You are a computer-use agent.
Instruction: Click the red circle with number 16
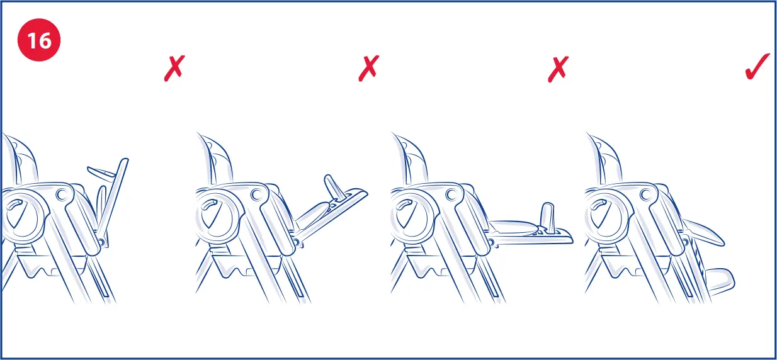[x=39, y=42]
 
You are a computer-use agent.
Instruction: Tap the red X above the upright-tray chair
[x=174, y=67]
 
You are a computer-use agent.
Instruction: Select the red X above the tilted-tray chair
[x=368, y=67]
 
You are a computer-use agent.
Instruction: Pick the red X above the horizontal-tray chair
[x=557, y=67]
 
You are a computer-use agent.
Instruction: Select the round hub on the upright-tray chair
[x=23, y=217]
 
